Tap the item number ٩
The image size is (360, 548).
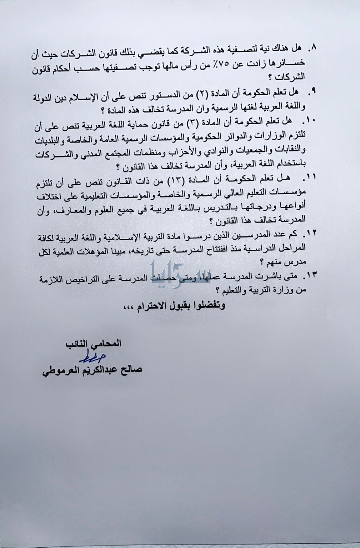point(312,92)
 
